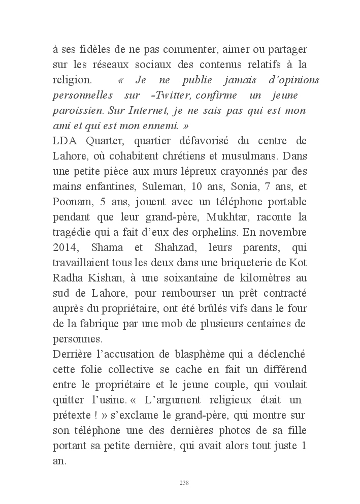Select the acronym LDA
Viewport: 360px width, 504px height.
point(64,140)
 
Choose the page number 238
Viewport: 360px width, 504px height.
point(184,482)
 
